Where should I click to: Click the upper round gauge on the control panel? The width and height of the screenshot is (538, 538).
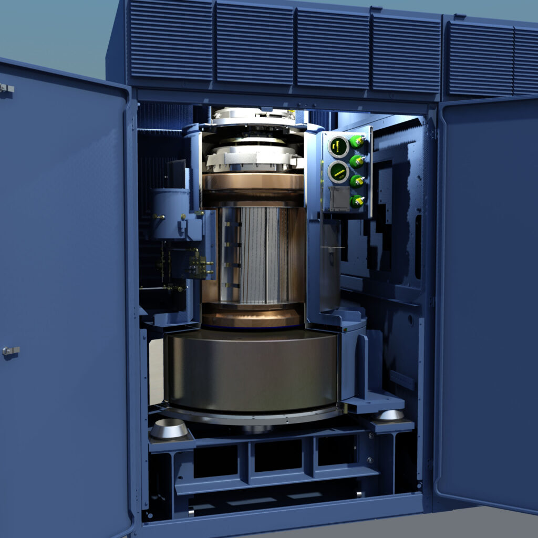point(338,147)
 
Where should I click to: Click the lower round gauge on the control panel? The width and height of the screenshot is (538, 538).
point(338,172)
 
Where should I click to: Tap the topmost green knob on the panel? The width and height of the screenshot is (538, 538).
point(358,141)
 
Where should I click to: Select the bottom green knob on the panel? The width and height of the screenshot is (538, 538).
point(357,201)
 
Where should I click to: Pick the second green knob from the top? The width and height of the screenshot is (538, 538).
point(357,161)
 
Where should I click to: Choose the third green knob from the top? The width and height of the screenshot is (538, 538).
point(357,181)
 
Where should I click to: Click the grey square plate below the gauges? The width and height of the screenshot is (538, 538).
point(338,199)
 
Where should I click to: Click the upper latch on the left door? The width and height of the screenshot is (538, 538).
point(6,88)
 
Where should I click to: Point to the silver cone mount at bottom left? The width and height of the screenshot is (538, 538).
point(169,429)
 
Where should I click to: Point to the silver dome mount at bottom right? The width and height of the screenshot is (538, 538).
point(390,415)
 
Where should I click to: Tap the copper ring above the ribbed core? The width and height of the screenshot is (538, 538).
point(253,182)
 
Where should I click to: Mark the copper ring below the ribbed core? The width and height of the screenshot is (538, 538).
point(252,317)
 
